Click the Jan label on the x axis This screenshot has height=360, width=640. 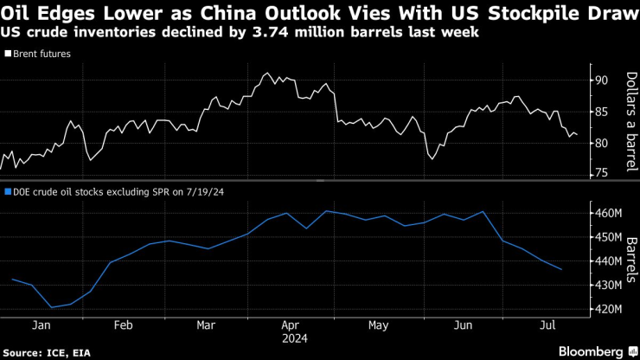coord(40,326)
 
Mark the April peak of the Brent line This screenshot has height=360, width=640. coord(267,74)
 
